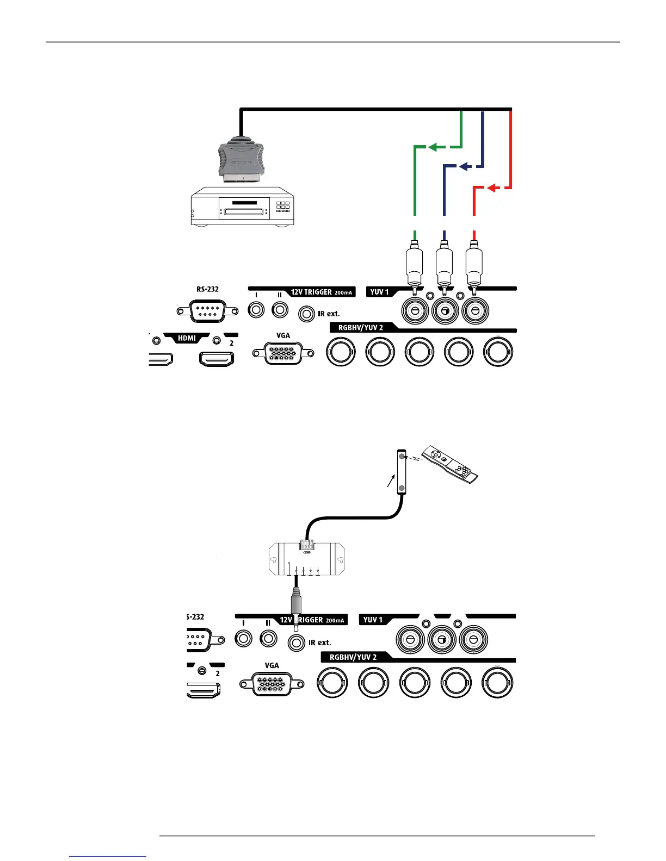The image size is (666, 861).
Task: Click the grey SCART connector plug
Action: [x=241, y=160]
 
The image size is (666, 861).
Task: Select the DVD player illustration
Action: [x=242, y=207]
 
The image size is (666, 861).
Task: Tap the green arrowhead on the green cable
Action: [x=433, y=147]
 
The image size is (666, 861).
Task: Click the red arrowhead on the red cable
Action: [x=491, y=188]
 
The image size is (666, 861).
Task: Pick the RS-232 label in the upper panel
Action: [x=207, y=289]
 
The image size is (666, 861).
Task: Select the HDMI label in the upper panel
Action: [x=187, y=338]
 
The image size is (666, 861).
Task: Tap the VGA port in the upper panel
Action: [x=283, y=353]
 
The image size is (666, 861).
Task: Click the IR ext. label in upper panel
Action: [x=329, y=314]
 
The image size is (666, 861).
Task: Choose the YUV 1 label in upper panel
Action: [x=379, y=292]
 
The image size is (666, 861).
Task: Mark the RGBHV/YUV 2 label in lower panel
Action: [x=353, y=657]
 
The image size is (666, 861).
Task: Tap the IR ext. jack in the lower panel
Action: [x=296, y=642]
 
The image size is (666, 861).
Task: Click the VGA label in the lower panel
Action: [x=272, y=665]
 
